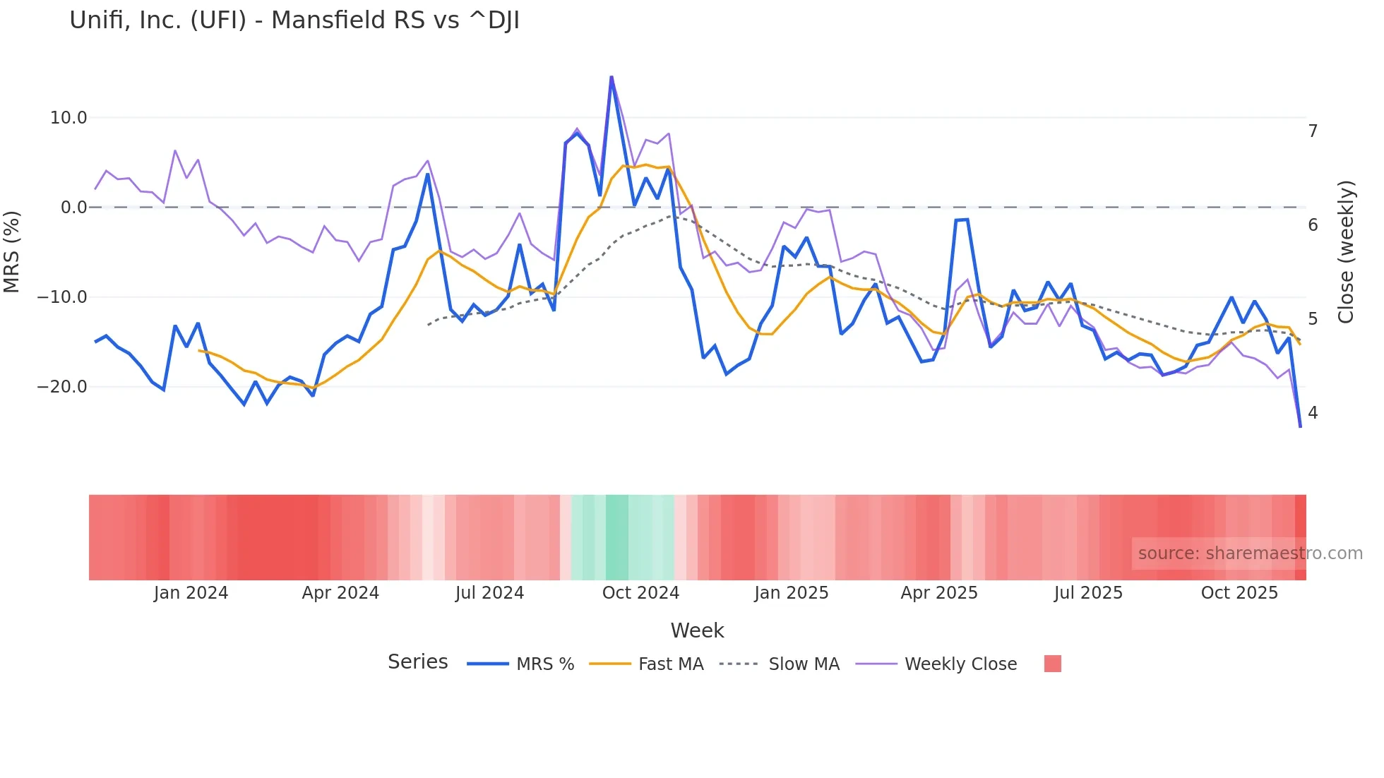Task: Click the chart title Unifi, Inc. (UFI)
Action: pyautogui.click(x=294, y=20)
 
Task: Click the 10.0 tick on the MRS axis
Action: pyautogui.click(x=68, y=118)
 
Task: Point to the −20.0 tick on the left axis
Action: pyautogui.click(x=62, y=387)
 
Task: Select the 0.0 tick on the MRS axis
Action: pyautogui.click(x=74, y=208)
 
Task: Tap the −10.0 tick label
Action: pyautogui.click(x=62, y=297)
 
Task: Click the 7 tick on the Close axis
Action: pyautogui.click(x=1313, y=131)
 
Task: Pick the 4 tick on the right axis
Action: pyautogui.click(x=1313, y=413)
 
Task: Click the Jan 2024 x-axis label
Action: pyautogui.click(x=191, y=593)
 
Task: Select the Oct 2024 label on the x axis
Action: pyautogui.click(x=640, y=593)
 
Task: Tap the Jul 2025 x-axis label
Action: pyautogui.click(x=1088, y=593)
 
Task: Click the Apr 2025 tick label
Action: pyautogui.click(x=939, y=593)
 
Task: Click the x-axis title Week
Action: pyautogui.click(x=697, y=630)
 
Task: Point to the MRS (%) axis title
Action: pyautogui.click(x=12, y=252)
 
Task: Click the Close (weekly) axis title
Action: pyautogui.click(x=1346, y=252)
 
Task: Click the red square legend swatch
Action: pyautogui.click(x=1052, y=664)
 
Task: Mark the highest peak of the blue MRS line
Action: pyautogui.click(x=612, y=77)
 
